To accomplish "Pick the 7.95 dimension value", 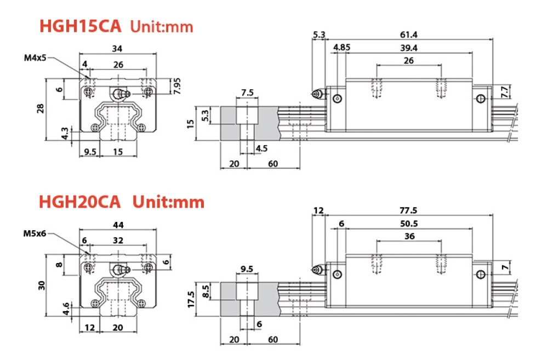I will click(x=177, y=86).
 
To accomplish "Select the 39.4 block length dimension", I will click(x=408, y=48).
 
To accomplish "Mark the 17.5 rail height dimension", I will click(x=191, y=299).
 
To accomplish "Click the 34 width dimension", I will click(x=117, y=49).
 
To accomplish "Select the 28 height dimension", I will click(x=40, y=108).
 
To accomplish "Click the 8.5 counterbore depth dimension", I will click(x=206, y=290).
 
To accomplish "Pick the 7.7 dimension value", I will click(x=505, y=89).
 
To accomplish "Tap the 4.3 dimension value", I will click(x=65, y=133).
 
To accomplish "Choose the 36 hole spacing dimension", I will click(x=409, y=236).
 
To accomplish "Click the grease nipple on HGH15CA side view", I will click(x=316, y=95).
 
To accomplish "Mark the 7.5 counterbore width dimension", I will click(x=247, y=93).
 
